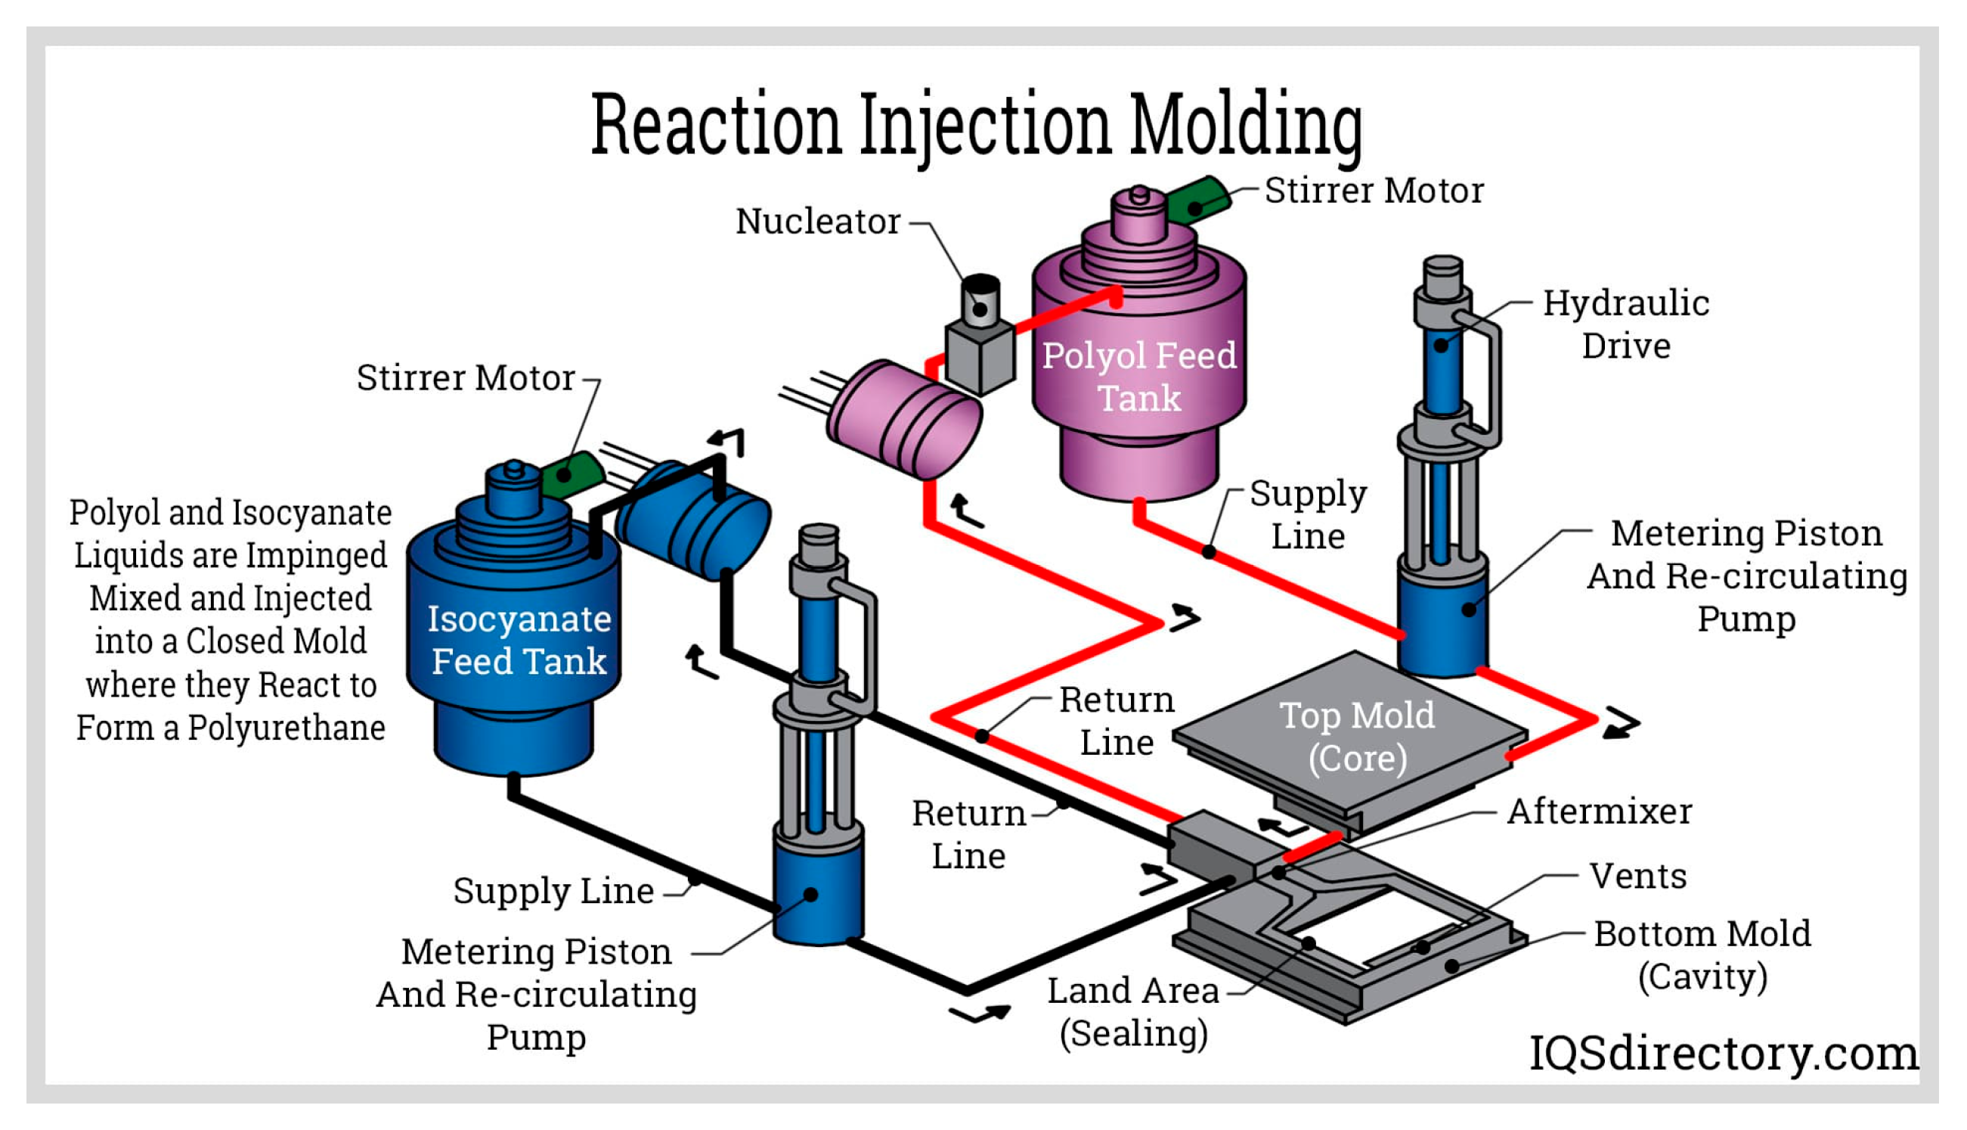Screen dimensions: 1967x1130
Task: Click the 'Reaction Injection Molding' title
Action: point(977,126)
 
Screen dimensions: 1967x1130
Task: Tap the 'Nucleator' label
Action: point(817,222)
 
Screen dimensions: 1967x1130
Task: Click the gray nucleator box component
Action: point(980,354)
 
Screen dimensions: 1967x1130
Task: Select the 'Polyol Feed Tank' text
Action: point(1138,377)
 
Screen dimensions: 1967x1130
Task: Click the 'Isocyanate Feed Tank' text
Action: point(519,641)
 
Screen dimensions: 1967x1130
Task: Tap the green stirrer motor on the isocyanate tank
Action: point(571,473)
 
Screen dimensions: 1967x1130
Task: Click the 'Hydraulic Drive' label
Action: point(1626,324)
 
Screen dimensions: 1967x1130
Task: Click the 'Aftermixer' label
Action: point(1600,812)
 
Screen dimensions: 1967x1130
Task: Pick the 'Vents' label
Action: point(1638,877)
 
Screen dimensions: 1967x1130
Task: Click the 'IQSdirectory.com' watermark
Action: point(1724,1054)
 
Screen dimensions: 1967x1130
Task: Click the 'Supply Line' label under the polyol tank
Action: point(1308,515)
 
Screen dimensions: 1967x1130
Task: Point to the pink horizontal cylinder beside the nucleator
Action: point(904,419)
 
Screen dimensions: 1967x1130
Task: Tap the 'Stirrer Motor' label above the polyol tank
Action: point(1374,191)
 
